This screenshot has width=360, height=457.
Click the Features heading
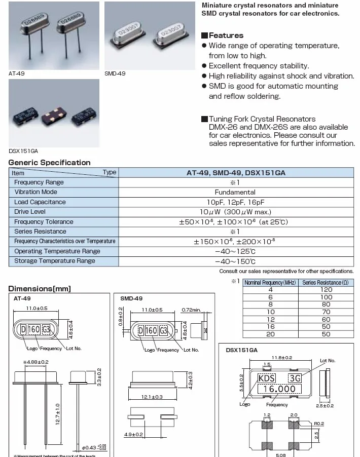(226, 35)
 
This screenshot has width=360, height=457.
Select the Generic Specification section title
(50, 163)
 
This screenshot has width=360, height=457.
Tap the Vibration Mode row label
(35, 192)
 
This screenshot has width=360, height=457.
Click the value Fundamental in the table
(235, 193)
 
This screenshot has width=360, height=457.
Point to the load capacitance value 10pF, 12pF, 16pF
(235, 202)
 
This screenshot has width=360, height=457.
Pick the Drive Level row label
(30, 212)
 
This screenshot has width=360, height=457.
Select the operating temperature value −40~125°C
(235, 251)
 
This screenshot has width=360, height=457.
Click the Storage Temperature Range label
(55, 261)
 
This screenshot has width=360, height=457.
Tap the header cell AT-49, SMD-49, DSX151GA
(236, 173)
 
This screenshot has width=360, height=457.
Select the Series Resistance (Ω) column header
(326, 282)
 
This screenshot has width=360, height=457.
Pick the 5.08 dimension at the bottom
(282, 454)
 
